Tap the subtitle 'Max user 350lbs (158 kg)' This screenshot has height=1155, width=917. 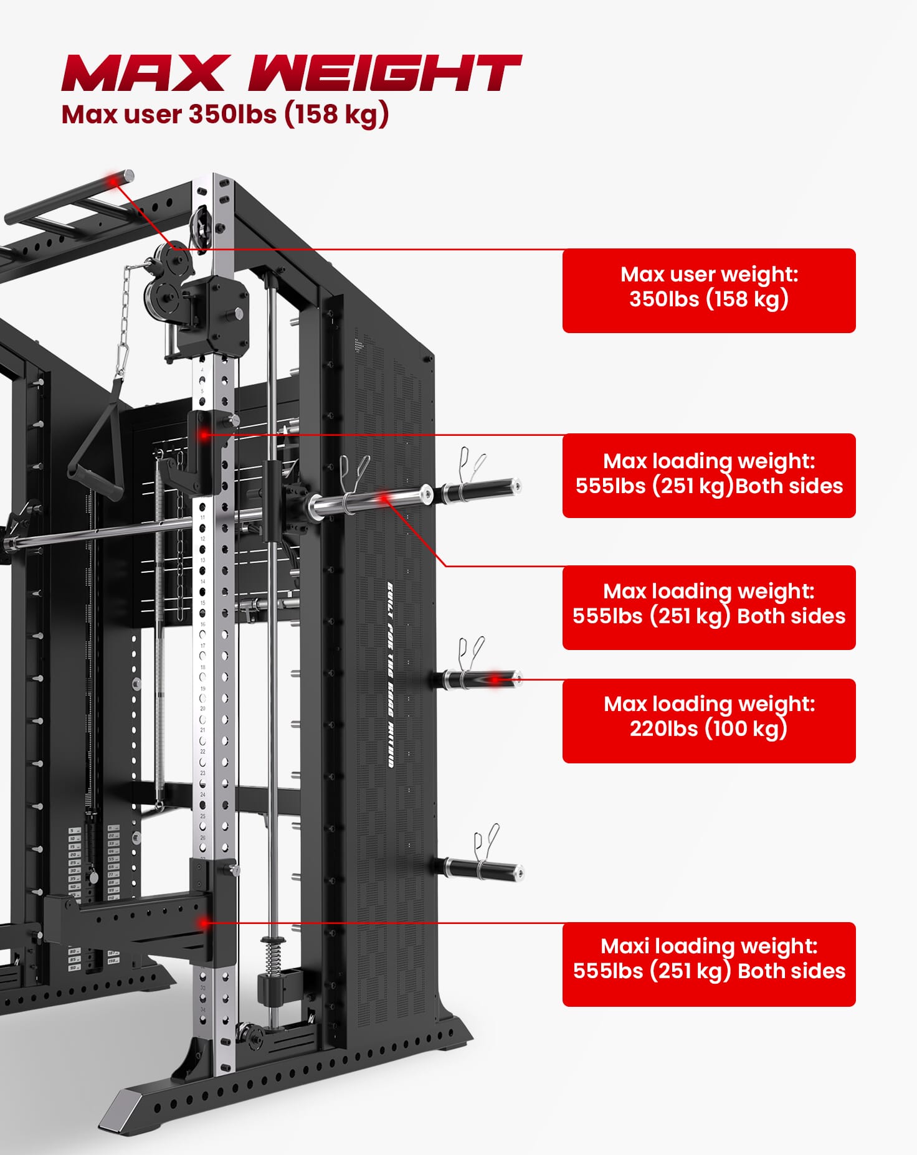click(225, 115)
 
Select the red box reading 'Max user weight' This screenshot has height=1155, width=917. click(708, 290)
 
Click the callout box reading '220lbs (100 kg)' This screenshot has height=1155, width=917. click(708, 720)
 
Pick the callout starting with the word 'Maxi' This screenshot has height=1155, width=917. click(708, 964)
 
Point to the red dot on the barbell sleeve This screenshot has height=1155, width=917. click(384, 497)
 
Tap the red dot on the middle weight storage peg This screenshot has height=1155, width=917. click(495, 680)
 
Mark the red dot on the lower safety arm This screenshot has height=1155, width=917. click(203, 922)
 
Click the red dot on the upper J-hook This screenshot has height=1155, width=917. click(203, 434)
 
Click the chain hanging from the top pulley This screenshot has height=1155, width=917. click(127, 318)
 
